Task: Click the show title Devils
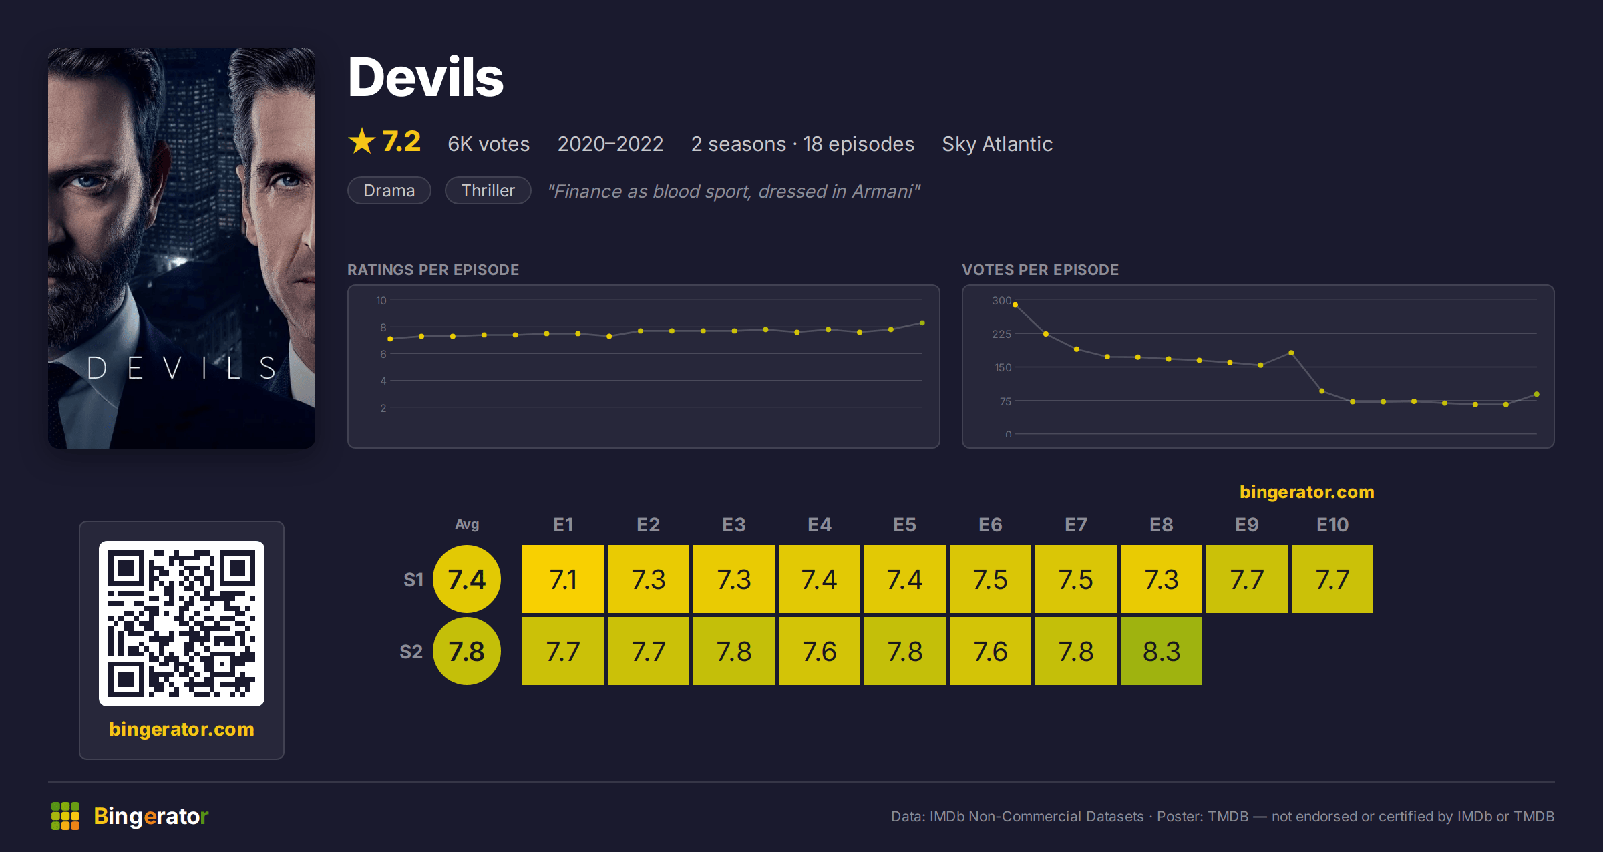[425, 77]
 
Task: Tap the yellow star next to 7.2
[362, 141]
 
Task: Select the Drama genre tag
[389, 190]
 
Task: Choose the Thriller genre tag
[488, 190]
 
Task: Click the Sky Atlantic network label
[997, 144]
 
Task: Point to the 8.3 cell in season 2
[1162, 651]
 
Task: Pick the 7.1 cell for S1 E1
[563, 579]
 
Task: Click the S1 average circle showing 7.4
[467, 579]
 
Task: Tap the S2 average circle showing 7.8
[467, 651]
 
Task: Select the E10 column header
[1332, 525]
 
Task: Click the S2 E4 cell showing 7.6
[820, 651]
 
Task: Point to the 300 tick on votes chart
[1001, 300]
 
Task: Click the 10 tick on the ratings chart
[381, 300]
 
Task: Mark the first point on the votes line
[1015, 305]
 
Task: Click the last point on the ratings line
[922, 323]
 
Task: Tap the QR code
[182, 624]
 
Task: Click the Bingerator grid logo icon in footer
[65, 816]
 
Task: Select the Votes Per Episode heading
[1040, 270]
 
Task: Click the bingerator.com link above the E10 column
[1307, 492]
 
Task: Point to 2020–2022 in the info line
[610, 144]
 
